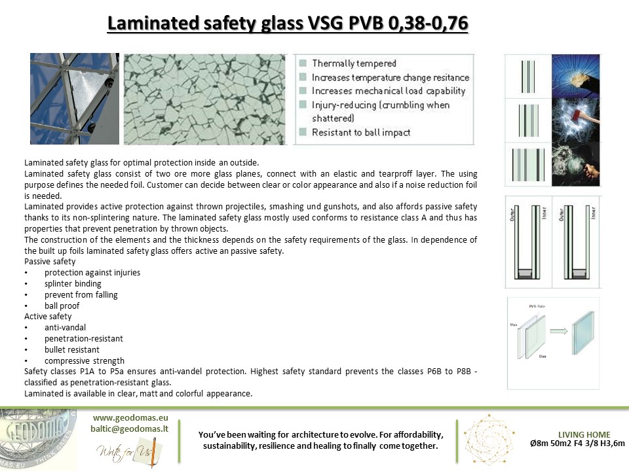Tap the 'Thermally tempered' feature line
pos(354,63)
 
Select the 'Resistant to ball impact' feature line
pos(361,132)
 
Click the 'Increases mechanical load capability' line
pos(389,91)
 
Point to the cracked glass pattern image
pos(205,99)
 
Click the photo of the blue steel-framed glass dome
pos(75,99)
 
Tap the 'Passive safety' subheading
pos(50,262)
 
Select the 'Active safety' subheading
pos(48,317)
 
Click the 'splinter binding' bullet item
pos(73,284)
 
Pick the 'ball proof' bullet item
pos(62,305)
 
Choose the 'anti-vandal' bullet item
pos(65,328)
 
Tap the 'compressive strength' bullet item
pos(85,361)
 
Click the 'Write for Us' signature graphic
pos(125,453)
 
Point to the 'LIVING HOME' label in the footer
pos(584,434)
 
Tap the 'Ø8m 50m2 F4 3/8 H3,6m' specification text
pos(577,444)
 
